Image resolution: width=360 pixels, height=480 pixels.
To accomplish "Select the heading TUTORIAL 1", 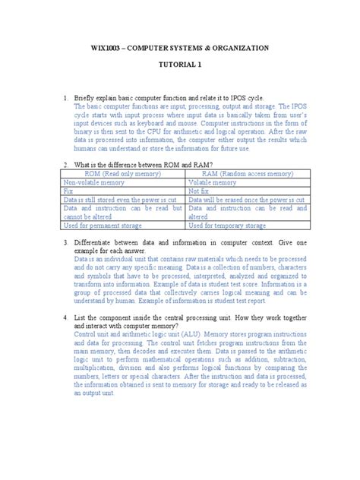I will [x=180, y=66].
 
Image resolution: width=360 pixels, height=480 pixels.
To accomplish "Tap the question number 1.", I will [x=66, y=99].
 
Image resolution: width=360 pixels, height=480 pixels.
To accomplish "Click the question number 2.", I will [x=66, y=164].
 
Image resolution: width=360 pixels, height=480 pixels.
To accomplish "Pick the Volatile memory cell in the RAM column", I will [x=213, y=183].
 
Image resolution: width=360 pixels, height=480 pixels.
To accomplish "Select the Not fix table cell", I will [x=199, y=193].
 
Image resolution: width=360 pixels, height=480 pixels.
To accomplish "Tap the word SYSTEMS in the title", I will [x=176, y=48].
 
